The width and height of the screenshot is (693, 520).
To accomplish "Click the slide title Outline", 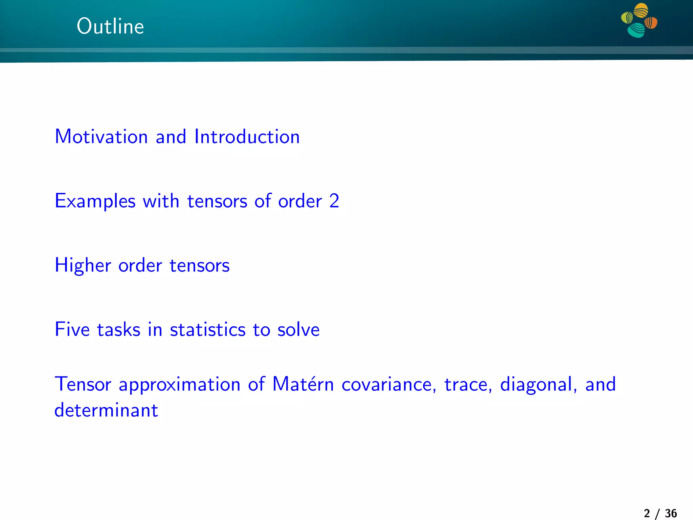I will [x=110, y=26].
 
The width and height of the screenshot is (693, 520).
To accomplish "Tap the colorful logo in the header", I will [x=639, y=20].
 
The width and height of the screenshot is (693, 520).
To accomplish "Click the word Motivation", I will [x=101, y=137].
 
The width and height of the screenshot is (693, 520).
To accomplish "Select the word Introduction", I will [x=247, y=137].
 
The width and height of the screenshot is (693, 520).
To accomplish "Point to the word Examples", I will [x=95, y=201].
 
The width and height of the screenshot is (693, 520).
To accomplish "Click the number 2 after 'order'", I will [x=334, y=201].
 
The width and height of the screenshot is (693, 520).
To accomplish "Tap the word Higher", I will [x=83, y=265].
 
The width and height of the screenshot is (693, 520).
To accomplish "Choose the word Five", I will [x=72, y=329].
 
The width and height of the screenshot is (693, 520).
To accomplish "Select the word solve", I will [x=298, y=329].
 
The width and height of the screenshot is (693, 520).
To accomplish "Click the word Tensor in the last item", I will [x=83, y=384].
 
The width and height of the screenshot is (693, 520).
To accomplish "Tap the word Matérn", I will [x=303, y=384].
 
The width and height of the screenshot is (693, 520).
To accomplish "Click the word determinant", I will [x=106, y=410].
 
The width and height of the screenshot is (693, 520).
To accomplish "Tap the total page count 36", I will [x=671, y=513].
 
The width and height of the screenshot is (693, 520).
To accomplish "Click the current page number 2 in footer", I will [x=647, y=513].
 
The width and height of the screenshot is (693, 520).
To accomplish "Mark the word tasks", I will [x=118, y=329].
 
